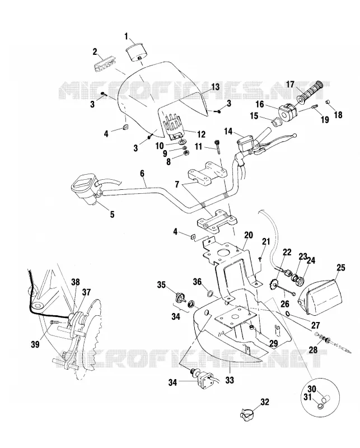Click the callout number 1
click(x=126, y=36)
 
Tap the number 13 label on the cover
click(x=215, y=87)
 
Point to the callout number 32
click(x=265, y=402)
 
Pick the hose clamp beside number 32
click(x=246, y=413)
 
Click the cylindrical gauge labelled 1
click(x=137, y=52)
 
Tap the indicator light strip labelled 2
click(x=105, y=65)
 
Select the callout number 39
click(x=35, y=345)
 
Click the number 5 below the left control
click(x=113, y=214)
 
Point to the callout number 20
click(x=249, y=235)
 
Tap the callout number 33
click(x=230, y=380)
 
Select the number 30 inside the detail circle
click(x=312, y=389)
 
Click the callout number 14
click(x=228, y=132)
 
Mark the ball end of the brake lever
click(x=294, y=136)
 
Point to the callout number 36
click(x=197, y=282)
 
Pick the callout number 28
click(x=313, y=349)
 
